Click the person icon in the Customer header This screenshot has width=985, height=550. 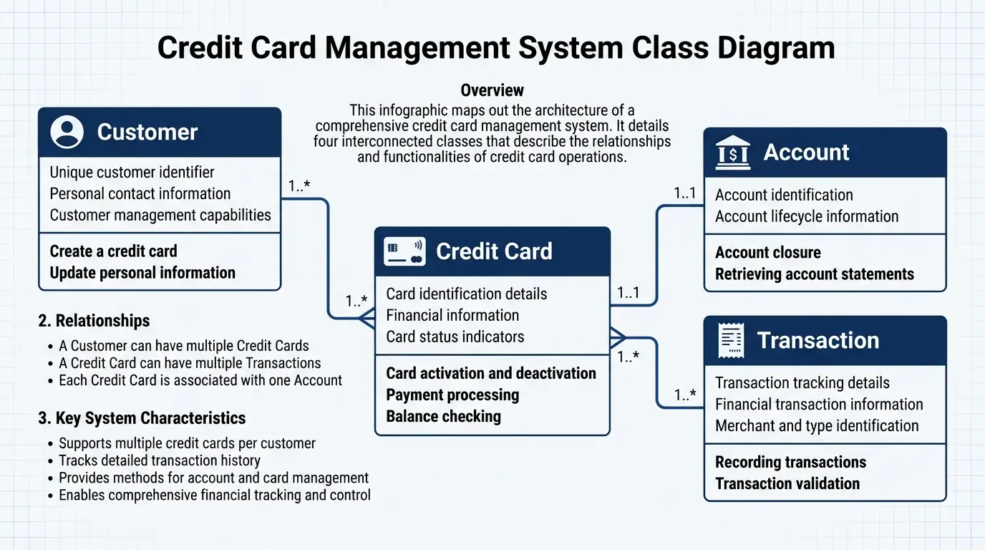[67, 132]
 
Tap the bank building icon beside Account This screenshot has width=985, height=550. [733, 153]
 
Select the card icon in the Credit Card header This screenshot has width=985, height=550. [404, 251]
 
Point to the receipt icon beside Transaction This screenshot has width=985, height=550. [730, 341]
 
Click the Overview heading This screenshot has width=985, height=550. [492, 90]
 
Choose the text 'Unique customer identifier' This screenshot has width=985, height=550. [132, 172]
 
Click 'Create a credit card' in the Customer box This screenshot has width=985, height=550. [113, 251]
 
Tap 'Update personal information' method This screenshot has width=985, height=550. [142, 273]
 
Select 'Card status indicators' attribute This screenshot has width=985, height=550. [455, 337]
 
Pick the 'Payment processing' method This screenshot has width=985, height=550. [452, 395]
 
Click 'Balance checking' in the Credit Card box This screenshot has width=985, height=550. [443, 416]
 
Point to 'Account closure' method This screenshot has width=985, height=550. [767, 252]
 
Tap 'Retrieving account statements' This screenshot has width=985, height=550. [814, 274]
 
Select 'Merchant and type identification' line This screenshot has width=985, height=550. [816, 425]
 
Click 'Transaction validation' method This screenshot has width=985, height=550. [787, 483]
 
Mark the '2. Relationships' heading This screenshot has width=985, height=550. [94, 320]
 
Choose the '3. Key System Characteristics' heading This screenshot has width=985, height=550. [141, 418]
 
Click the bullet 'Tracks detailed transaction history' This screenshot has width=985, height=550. [159, 460]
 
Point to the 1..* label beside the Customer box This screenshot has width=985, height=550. [299, 186]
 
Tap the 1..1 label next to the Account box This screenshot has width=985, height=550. [684, 193]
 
